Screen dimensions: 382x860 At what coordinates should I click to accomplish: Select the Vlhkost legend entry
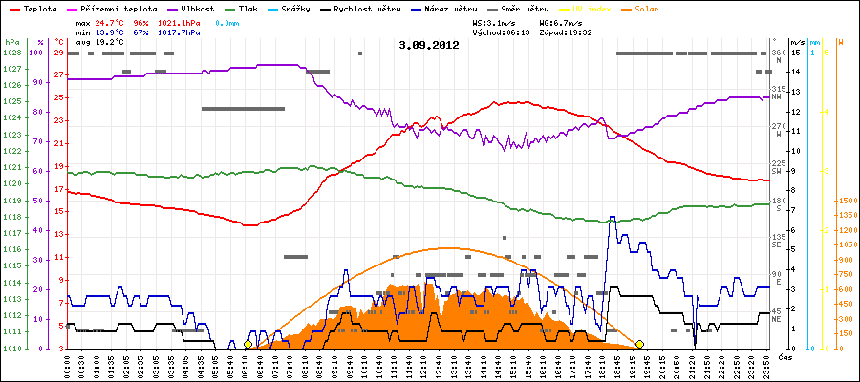pyautogui.click(x=201, y=8)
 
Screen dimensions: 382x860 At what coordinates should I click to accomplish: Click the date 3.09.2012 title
pyautogui.click(x=429, y=44)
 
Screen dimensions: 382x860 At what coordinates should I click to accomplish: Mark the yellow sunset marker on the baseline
pyautogui.click(x=639, y=344)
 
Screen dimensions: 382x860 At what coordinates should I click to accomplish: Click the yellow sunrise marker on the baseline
pyautogui.click(x=248, y=344)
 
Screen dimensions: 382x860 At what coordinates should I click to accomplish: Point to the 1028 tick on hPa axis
pyautogui.click(x=11, y=53)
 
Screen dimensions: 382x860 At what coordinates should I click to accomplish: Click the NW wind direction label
pyautogui.click(x=777, y=95)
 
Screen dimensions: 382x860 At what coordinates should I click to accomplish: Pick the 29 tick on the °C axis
pyautogui.click(x=59, y=53)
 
